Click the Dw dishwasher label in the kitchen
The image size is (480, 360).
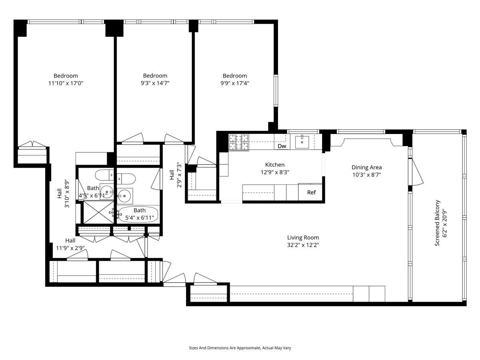pyautogui.click(x=282, y=146)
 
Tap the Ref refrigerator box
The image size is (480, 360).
pyautogui.click(x=311, y=192)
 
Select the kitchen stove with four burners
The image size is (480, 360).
pyautogui.click(x=238, y=142)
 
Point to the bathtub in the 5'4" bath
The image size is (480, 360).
pyautogui.click(x=138, y=214)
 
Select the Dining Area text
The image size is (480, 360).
pyautogui.click(x=366, y=167)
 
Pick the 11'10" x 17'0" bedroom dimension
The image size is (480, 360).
pyautogui.click(x=66, y=83)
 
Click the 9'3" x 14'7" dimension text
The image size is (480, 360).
pyautogui.click(x=155, y=83)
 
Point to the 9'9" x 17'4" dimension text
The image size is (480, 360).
pyautogui.click(x=235, y=83)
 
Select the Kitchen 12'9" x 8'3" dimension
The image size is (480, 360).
pyautogui.click(x=275, y=172)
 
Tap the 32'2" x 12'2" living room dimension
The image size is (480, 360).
pyautogui.click(x=302, y=245)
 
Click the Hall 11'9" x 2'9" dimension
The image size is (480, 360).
pyautogui.click(x=70, y=248)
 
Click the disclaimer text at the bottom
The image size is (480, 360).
pyautogui.click(x=240, y=348)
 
